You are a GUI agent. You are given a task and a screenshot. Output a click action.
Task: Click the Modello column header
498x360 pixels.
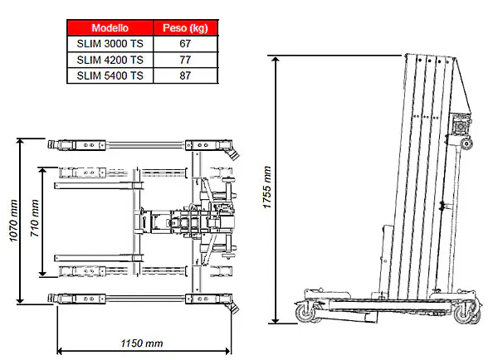click(110, 28)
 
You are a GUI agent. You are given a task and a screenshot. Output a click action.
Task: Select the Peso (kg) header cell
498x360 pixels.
click(185, 28)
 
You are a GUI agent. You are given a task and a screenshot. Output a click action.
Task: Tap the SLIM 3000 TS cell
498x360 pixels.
click(110, 43)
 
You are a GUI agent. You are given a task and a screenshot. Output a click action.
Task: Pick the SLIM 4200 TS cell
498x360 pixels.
click(110, 60)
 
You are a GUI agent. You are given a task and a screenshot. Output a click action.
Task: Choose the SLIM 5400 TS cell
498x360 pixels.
click(110, 75)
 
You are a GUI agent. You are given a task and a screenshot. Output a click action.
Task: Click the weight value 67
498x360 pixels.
click(185, 43)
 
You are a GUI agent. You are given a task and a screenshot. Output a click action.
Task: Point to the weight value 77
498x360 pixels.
click(185, 60)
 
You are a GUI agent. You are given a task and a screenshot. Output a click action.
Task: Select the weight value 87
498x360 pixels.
click(185, 75)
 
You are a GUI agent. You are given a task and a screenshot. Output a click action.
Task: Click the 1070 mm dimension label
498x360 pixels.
click(13, 221)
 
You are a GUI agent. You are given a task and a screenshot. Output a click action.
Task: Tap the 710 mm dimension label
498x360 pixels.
click(35, 218)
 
